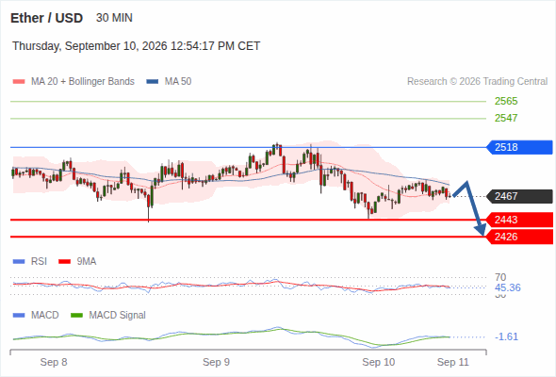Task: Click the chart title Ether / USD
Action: (46, 18)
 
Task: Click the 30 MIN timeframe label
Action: (114, 18)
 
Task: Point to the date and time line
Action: (136, 46)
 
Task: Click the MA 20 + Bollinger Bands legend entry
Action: (74, 82)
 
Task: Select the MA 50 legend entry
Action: (169, 82)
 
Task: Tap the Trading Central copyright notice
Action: (477, 82)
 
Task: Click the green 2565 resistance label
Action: (506, 101)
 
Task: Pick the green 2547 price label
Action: (506, 118)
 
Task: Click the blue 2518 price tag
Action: (518, 147)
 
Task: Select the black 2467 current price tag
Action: (518, 196)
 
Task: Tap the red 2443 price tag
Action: (518, 220)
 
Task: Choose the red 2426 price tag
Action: (518, 237)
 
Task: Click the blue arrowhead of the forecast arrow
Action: (482, 229)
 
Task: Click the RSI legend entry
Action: (30, 262)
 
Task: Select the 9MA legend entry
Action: (77, 262)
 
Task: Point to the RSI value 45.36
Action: (507, 287)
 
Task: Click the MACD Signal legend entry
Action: (108, 316)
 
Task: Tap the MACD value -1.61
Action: (506, 336)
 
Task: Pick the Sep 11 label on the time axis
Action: (453, 362)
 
